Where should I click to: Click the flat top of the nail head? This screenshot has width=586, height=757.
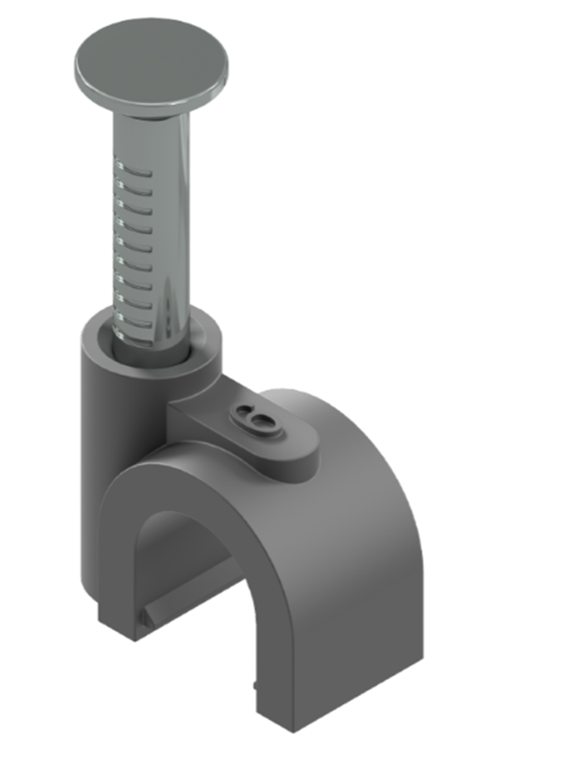151,61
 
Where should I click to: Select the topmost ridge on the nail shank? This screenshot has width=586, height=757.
137,172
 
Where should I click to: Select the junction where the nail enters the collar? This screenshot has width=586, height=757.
151,350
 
